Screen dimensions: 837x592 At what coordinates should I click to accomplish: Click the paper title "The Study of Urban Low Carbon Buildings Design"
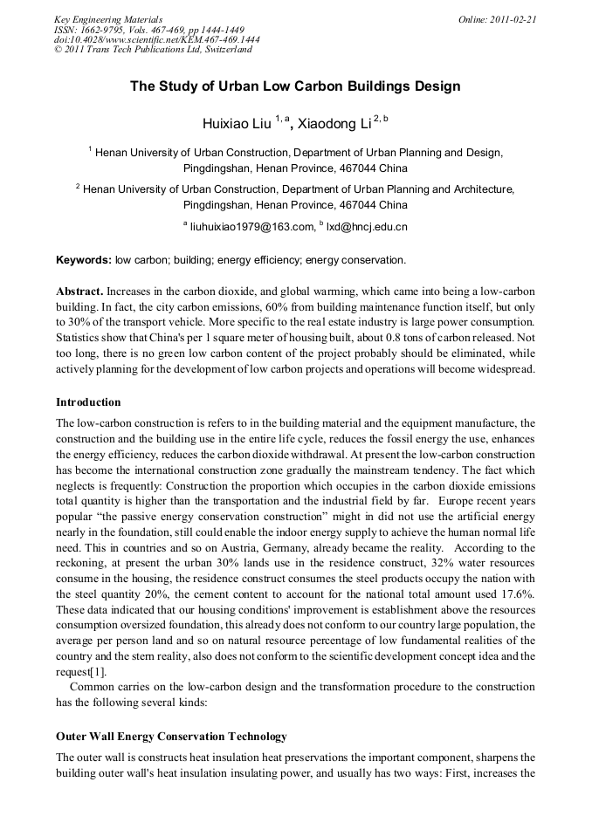tap(295, 86)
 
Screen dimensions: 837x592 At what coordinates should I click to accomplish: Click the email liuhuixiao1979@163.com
tap(252, 227)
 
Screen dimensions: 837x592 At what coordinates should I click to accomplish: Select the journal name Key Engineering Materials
tap(108, 19)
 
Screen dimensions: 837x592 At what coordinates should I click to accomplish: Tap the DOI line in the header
tap(156, 39)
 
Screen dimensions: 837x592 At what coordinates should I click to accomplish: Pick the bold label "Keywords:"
tap(83, 260)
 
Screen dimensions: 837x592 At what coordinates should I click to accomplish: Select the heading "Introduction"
tap(88, 402)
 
